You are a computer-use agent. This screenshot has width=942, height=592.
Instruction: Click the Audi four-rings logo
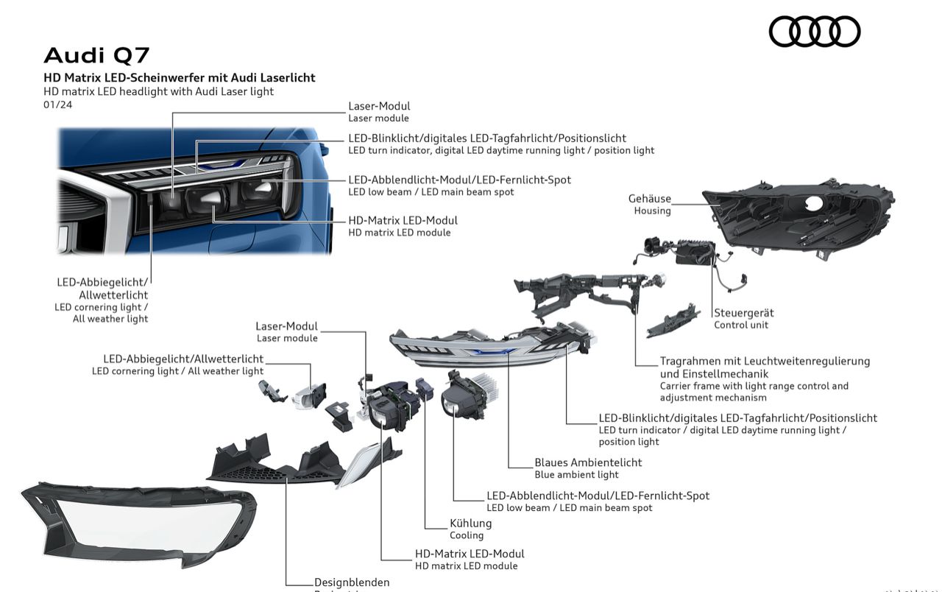click(815, 31)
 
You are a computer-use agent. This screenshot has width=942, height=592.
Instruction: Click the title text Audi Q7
click(97, 55)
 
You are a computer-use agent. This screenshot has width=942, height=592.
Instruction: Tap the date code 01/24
click(58, 105)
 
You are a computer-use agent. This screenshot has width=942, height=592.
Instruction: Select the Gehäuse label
click(650, 199)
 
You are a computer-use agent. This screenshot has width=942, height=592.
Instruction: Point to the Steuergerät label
click(743, 313)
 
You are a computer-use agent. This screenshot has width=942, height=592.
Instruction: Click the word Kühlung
click(470, 524)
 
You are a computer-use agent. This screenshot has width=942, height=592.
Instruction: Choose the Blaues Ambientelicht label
click(588, 462)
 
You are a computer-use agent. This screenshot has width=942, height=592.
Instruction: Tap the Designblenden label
click(352, 582)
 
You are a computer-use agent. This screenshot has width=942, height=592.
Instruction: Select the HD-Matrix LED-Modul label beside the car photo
click(403, 220)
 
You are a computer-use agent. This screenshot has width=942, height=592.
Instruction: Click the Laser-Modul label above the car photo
click(379, 106)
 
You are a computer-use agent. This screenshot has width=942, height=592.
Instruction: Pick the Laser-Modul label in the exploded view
click(287, 326)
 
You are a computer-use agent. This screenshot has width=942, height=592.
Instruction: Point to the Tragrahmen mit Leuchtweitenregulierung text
click(765, 361)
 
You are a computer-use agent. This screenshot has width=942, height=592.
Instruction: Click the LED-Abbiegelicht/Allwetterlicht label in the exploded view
click(183, 359)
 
